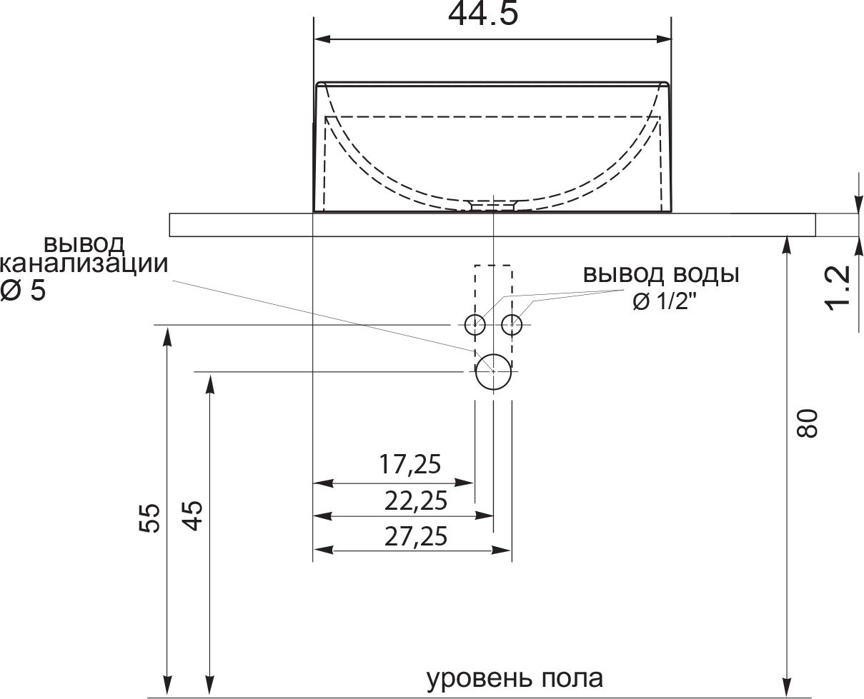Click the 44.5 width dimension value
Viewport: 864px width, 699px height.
482,14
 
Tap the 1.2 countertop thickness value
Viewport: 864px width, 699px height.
838,288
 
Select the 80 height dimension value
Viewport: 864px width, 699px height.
807,423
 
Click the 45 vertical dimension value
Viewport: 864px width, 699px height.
192,516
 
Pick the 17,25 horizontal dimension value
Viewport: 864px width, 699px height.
409,464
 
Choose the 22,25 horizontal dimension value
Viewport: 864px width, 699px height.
416,501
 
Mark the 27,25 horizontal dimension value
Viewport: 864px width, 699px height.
416,536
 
